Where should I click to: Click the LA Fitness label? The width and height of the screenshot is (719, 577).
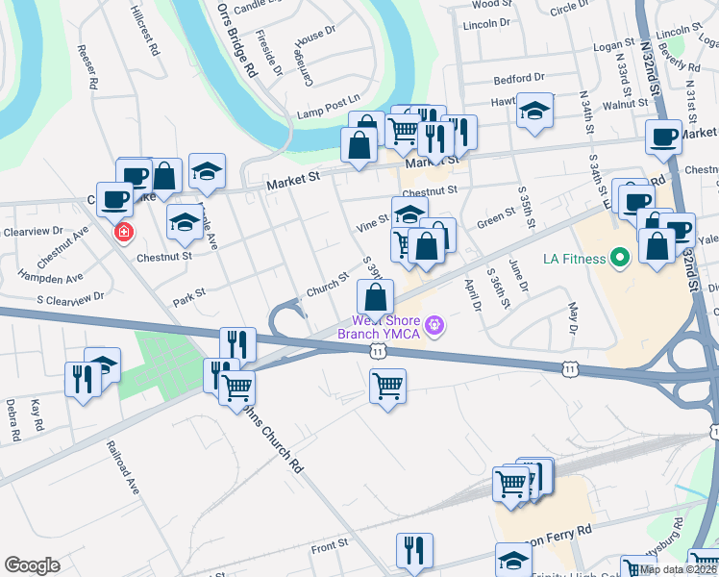(574, 259)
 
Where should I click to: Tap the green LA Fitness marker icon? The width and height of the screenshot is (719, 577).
(620, 258)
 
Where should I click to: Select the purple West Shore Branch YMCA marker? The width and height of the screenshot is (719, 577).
(434, 326)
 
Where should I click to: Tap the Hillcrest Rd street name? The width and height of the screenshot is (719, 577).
(141, 28)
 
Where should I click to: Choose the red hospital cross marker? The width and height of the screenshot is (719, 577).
(124, 233)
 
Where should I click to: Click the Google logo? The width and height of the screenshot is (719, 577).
(32, 565)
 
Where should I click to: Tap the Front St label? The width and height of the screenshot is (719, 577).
(329, 547)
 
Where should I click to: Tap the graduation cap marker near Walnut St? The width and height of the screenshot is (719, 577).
(534, 111)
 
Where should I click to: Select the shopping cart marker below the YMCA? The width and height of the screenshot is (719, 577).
(387, 386)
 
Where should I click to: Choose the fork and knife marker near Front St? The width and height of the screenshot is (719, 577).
(414, 549)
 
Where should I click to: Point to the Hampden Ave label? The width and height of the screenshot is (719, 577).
(57, 275)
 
